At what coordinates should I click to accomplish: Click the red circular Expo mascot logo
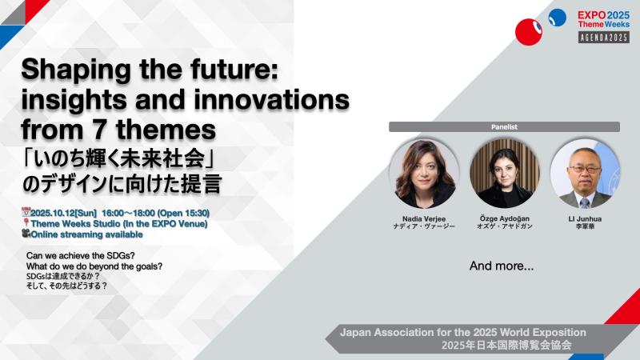coord(529,32)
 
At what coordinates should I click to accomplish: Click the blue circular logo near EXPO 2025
coord(557,18)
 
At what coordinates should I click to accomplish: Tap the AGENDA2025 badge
coord(604,38)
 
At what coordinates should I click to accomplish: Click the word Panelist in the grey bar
coord(504,127)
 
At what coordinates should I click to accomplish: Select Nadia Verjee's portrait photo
coord(424,173)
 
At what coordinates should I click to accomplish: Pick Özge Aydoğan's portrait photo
coord(505,173)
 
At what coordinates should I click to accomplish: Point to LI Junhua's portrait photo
coord(585,173)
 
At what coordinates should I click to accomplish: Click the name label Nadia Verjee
coord(424,218)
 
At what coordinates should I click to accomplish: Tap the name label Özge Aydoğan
coord(505,218)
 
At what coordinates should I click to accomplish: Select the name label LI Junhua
coord(585,218)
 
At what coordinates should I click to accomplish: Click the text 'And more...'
coord(502,266)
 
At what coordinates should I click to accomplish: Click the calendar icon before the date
coord(26,212)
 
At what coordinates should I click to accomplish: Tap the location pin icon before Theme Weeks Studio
coord(26,223)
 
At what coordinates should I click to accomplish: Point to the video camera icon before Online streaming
coord(26,234)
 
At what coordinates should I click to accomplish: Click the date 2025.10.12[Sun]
coord(64,213)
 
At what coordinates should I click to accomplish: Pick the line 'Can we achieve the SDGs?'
coord(81,255)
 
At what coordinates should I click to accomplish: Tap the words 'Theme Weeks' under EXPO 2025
coord(604,24)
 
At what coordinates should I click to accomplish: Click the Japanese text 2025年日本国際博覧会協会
coord(506,346)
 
